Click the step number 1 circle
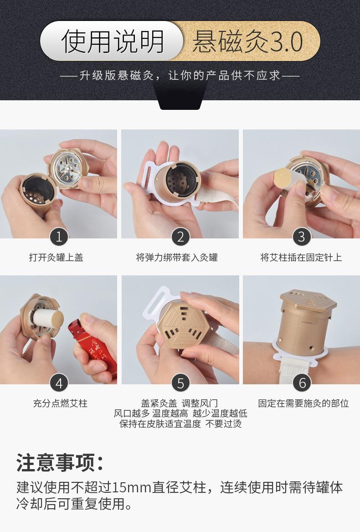coord(59,237)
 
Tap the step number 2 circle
coord(180,237)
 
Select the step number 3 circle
coord(301,237)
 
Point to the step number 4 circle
coord(59,383)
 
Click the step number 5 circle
coord(180,383)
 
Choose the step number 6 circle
coord(302,383)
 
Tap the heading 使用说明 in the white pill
coord(112,42)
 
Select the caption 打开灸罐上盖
coord(56,258)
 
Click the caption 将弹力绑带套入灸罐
coord(177,258)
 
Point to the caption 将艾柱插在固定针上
coord(301,258)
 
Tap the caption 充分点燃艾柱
coord(60,403)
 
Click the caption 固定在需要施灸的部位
coord(303,403)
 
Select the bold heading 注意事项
coord(59,462)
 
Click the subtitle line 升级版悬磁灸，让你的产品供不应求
coord(180,75)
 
